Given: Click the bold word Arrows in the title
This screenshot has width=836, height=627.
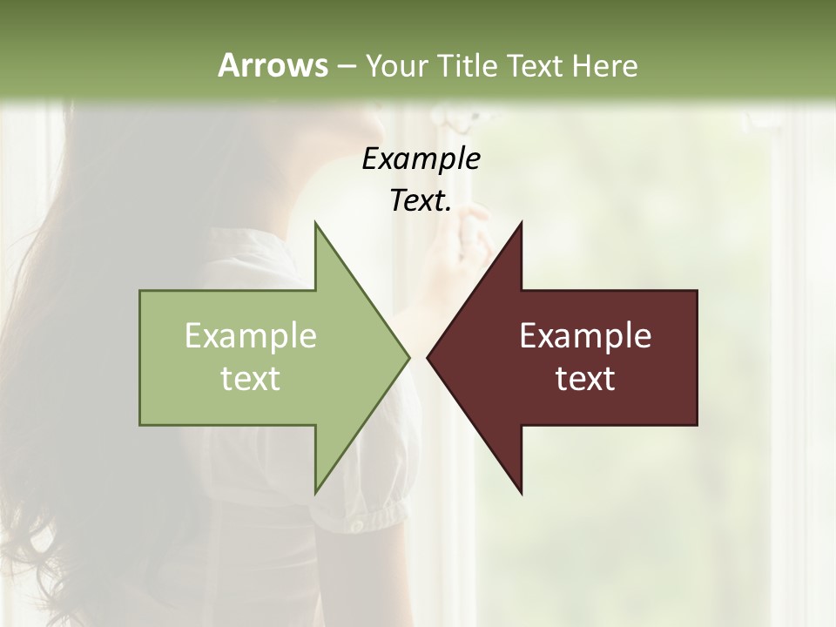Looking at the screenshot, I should click(272, 65).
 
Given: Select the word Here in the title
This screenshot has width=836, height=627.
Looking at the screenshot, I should click(604, 65).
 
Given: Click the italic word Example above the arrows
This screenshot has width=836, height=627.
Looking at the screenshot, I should click(421, 158).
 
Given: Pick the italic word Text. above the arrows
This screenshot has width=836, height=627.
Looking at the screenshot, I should click(421, 200).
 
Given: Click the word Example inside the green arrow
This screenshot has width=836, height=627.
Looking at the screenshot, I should click(250, 335).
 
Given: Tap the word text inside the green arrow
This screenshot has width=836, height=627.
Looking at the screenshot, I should click(250, 379).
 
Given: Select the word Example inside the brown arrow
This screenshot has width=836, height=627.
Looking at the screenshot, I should click(585, 335).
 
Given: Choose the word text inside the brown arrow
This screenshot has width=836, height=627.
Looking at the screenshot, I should click(585, 379).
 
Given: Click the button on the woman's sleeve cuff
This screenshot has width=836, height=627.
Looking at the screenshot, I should click(356, 528).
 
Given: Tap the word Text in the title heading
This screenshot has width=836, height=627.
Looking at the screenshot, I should click(537, 65).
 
